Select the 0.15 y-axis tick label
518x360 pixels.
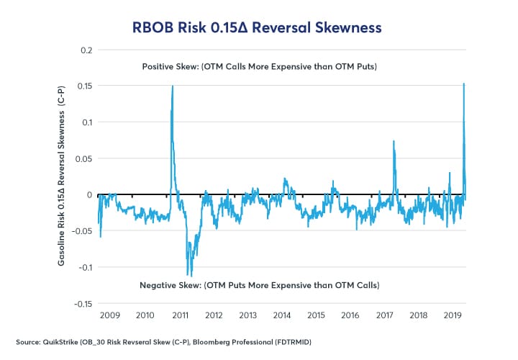pyautogui.click(x=85, y=86)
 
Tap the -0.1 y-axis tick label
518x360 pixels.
pyautogui.click(x=85, y=267)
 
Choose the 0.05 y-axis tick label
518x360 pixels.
pyautogui.click(x=85, y=158)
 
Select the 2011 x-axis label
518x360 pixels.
pyautogui.click(x=180, y=315)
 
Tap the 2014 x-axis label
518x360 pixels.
pyautogui.click(x=282, y=315)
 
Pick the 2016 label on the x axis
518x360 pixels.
pyautogui.click(x=350, y=315)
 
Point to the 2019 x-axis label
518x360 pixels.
pyautogui.click(x=453, y=315)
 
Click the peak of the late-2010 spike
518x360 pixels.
pyautogui.click(x=173, y=86)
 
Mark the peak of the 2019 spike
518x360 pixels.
pyautogui.click(x=463, y=84)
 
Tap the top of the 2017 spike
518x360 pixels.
pyautogui.click(x=394, y=141)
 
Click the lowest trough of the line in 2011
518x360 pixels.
pyautogui.click(x=188, y=275)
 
